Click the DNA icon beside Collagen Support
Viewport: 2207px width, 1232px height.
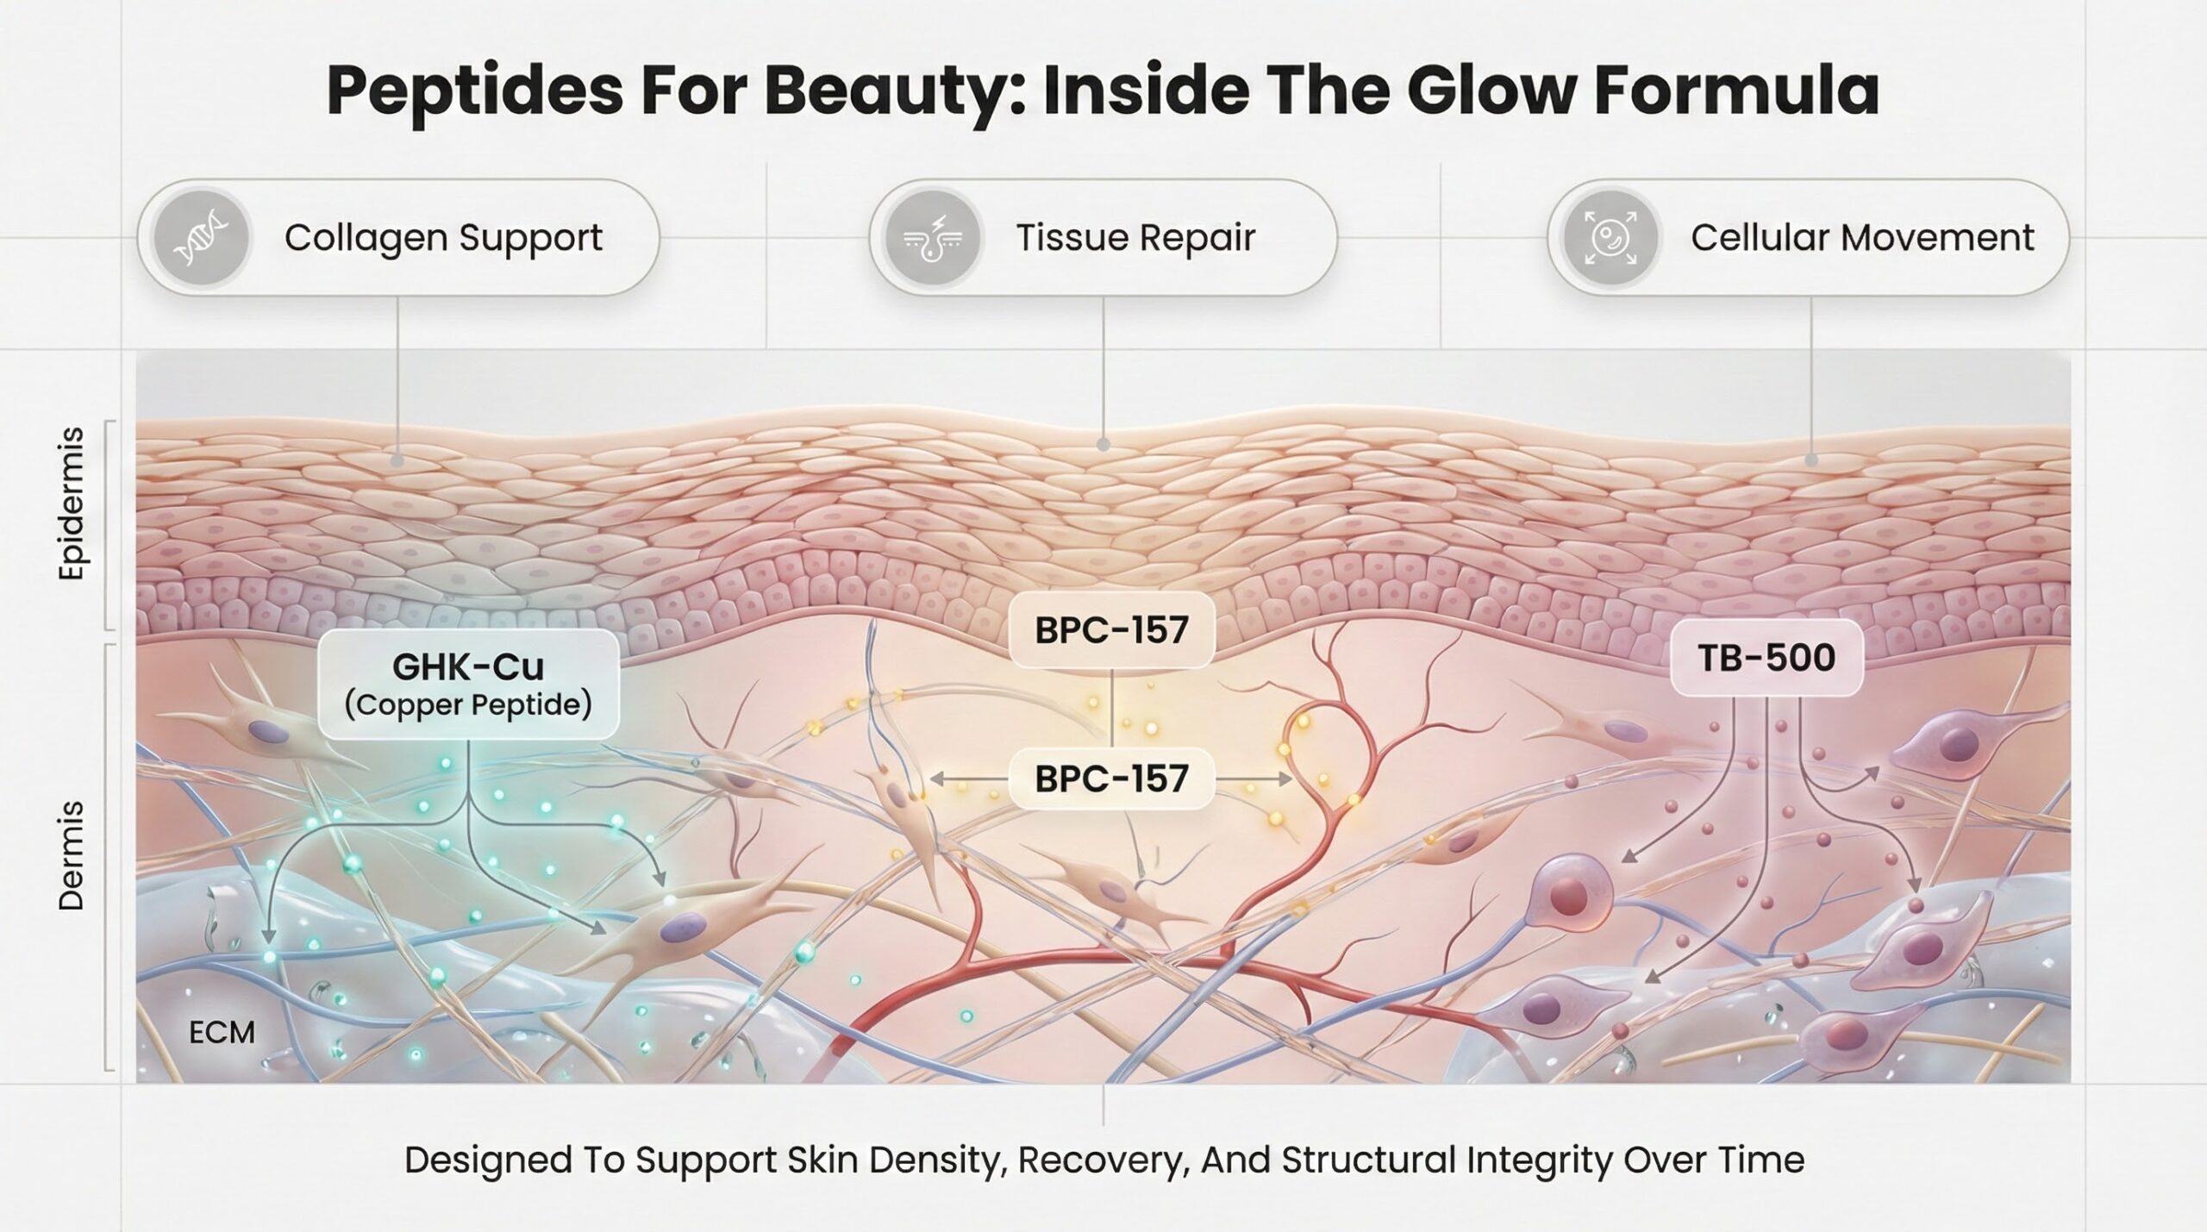click(x=201, y=237)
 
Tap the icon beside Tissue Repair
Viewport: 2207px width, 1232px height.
click(x=934, y=237)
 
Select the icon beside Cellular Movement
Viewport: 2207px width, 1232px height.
click(x=1610, y=237)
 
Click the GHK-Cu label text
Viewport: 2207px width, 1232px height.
click(x=468, y=666)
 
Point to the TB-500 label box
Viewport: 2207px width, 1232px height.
click(x=1766, y=659)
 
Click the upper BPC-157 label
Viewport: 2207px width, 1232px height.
click(x=1111, y=630)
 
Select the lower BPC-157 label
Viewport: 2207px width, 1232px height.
click(x=1111, y=779)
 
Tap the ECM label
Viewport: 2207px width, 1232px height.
click(x=222, y=1033)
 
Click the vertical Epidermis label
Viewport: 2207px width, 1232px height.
click(x=72, y=503)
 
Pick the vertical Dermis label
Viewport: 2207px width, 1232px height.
click(x=72, y=856)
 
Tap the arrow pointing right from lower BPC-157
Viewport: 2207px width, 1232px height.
click(x=1254, y=779)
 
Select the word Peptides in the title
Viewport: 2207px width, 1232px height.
click(x=475, y=91)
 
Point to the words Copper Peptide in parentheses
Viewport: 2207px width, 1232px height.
click(x=468, y=705)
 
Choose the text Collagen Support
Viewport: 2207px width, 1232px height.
click(x=443, y=238)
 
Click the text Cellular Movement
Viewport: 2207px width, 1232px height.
click(x=1862, y=238)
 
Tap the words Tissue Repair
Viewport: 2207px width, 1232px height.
click(x=1135, y=238)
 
